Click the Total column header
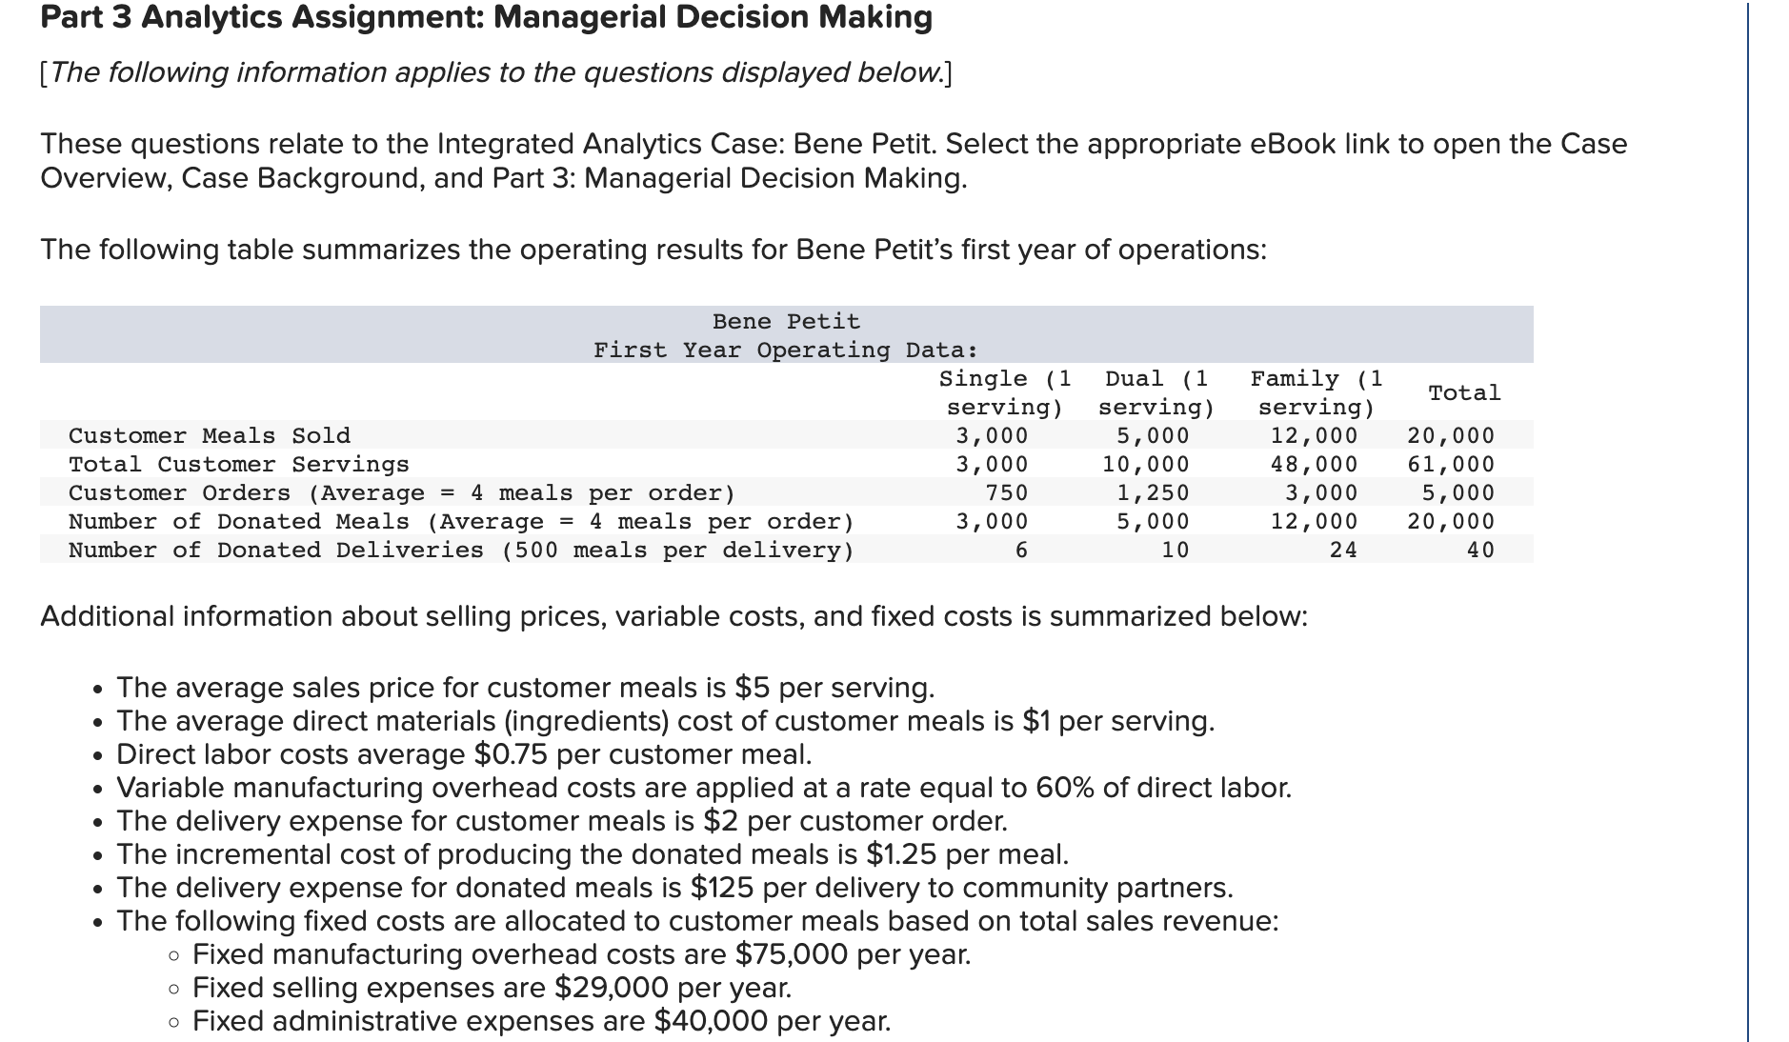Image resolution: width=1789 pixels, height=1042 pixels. (x=1464, y=392)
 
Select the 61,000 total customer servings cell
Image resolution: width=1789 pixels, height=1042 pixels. (x=1451, y=464)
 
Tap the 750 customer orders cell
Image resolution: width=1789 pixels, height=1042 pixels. (x=1007, y=492)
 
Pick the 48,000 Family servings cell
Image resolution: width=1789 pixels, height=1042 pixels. (x=1314, y=464)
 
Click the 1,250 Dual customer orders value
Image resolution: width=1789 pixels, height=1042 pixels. (x=1153, y=492)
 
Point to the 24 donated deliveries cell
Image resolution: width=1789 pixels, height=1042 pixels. (x=1343, y=550)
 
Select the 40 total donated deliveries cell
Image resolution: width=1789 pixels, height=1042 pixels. (x=1480, y=550)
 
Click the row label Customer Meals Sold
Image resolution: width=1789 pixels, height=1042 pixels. (x=210, y=435)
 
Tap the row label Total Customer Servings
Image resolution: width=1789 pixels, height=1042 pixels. (x=239, y=464)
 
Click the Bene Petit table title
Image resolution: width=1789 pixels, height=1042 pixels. (x=786, y=321)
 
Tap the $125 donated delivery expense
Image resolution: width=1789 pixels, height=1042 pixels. (x=721, y=888)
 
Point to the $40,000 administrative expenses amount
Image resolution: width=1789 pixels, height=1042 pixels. (x=711, y=1021)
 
